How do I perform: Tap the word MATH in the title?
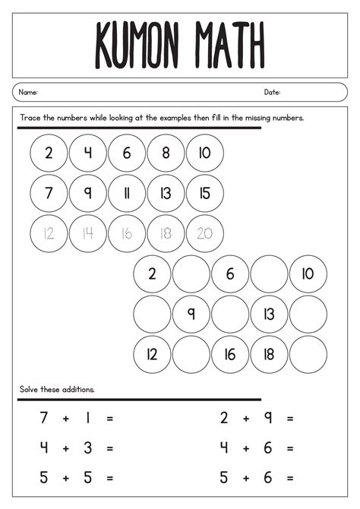coord(229,45)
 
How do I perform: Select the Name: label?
coord(28,93)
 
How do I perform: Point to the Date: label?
coord(272,93)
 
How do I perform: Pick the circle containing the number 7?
coord(49,193)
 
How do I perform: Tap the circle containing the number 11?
coord(127,193)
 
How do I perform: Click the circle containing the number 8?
coord(166,153)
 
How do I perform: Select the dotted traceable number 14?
coord(87,233)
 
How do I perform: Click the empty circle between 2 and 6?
coord(191,274)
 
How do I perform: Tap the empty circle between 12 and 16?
coord(191,354)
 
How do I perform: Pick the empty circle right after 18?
coord(308,354)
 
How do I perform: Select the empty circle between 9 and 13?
coord(230,314)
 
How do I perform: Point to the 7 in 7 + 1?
coord(44,418)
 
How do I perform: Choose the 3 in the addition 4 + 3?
coord(87,448)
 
